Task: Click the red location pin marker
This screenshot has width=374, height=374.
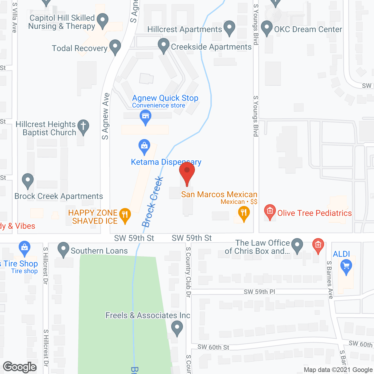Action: (187, 172)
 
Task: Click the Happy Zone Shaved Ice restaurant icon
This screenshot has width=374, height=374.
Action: (125, 215)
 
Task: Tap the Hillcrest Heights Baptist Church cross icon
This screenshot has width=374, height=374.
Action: (83, 127)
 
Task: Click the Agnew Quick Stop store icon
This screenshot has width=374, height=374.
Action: (145, 117)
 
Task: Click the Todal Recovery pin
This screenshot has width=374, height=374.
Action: (115, 47)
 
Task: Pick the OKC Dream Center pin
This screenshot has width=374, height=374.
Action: (266, 28)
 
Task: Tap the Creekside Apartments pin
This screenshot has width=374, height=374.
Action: (164, 46)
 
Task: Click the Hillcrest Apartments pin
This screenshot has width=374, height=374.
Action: (229, 28)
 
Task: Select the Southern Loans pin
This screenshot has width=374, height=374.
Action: (63, 250)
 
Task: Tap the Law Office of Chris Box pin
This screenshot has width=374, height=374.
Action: (297, 245)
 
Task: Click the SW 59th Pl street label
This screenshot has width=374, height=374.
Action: (259, 292)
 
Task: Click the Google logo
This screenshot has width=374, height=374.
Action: (20, 367)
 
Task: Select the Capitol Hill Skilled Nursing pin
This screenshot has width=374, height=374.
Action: (102, 21)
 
